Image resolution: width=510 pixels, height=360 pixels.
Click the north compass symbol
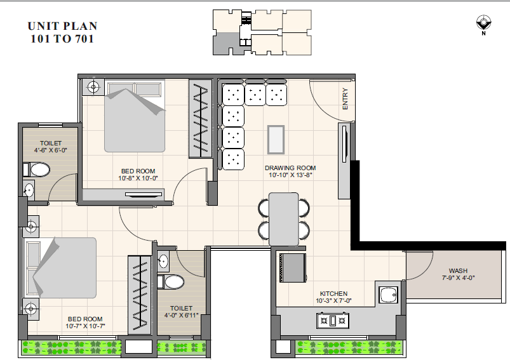[484, 23]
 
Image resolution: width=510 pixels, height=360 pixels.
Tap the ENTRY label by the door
[345, 99]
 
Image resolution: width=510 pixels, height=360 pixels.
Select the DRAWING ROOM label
[290, 168]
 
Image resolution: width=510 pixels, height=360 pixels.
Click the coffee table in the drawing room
[276, 140]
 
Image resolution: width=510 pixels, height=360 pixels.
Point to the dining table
[284, 219]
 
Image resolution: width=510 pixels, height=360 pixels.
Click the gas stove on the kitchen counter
[333, 321]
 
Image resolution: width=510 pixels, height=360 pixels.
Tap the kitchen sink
[388, 295]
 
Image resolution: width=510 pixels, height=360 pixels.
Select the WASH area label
[458, 270]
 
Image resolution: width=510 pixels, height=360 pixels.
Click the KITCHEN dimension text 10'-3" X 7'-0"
[333, 301]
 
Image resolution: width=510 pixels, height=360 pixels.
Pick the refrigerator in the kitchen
[293, 268]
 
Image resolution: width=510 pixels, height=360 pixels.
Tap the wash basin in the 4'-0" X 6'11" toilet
[163, 261]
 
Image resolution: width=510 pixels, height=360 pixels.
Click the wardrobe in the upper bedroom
[200, 119]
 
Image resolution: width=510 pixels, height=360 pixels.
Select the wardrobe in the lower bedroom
[140, 295]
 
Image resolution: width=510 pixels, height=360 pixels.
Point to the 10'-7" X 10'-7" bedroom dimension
[85, 326]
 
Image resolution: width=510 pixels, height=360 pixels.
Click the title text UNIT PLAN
[62, 26]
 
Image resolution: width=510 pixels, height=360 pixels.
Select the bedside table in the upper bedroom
[93, 87]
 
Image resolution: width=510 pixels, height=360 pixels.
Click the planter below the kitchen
[349, 348]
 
